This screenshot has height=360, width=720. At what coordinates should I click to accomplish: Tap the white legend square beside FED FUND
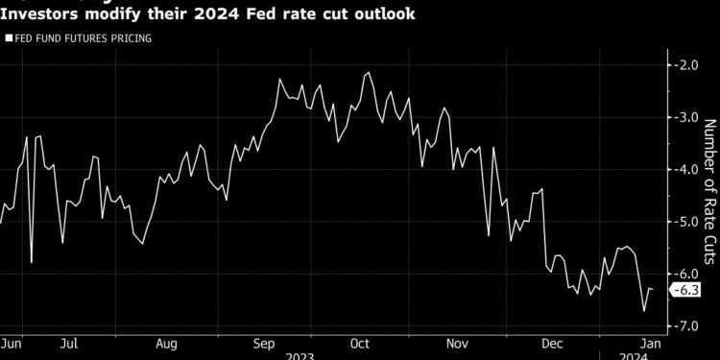pyautogui.click(x=8, y=38)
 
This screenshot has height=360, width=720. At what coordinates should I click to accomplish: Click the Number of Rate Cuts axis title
pyautogui.click(x=710, y=192)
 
